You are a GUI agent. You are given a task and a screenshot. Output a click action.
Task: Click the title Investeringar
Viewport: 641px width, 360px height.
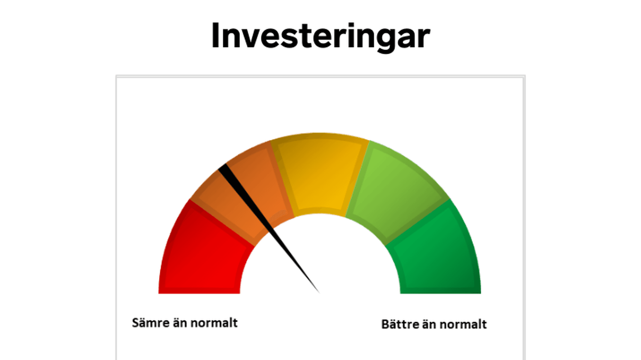(320, 36)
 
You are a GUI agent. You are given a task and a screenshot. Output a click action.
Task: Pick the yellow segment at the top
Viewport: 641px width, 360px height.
(320, 173)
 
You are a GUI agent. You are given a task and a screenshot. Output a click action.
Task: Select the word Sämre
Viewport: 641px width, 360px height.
(150, 323)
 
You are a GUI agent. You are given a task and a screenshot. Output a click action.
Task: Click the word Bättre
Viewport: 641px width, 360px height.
(400, 324)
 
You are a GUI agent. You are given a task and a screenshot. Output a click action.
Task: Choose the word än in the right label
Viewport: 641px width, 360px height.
(429, 324)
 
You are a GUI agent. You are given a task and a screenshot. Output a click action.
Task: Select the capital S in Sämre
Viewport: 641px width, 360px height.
(136, 323)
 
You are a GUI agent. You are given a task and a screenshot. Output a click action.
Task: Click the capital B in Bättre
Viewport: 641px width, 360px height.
(385, 324)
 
